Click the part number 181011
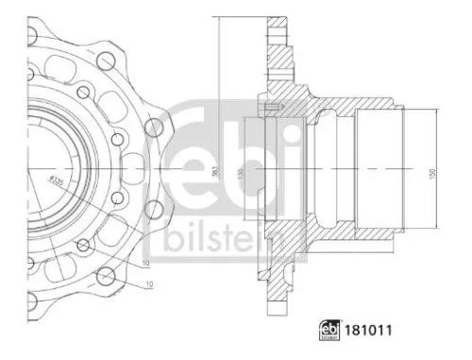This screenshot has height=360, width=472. (x=372, y=332)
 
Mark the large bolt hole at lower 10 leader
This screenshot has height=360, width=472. (x=107, y=278)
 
